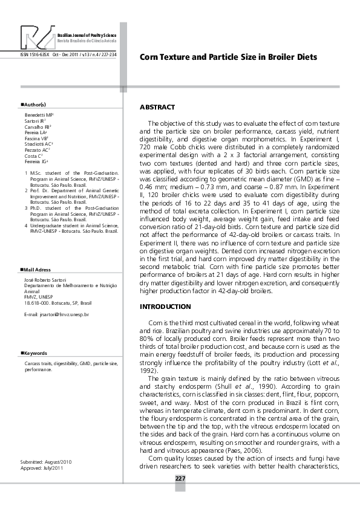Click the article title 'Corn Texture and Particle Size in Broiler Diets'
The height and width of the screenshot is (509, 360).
pyautogui.click(x=228, y=57)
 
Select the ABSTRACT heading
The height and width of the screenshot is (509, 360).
pyautogui.click(x=157, y=107)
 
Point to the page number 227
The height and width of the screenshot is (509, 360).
pyautogui.click(x=180, y=479)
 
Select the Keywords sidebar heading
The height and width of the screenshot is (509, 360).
pyautogui.click(x=36, y=353)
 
